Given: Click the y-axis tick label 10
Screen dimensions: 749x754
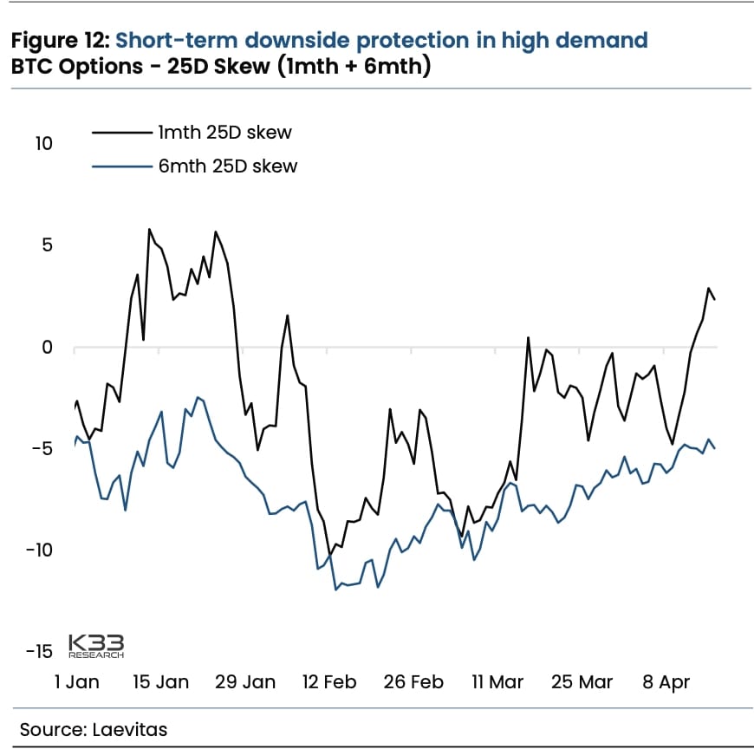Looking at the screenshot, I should coord(43,143).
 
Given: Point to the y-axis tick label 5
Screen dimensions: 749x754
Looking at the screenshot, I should coord(48,245).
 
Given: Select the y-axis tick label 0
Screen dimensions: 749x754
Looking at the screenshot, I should coord(48,348).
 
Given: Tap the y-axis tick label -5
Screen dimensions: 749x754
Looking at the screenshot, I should coord(43,449).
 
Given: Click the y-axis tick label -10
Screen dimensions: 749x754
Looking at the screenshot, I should coord(40,550).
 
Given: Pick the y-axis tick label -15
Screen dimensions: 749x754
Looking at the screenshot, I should coord(40,652).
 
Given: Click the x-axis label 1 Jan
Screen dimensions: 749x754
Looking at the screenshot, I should coord(77,682).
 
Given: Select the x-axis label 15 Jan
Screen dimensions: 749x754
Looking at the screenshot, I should coord(161,682).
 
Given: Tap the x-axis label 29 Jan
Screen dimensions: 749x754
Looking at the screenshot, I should coord(245,682).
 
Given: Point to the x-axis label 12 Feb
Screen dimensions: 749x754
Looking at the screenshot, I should coord(329,682).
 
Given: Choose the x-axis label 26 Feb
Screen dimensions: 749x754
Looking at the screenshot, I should coord(413,682).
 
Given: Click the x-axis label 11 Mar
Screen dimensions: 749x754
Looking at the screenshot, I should coord(497,682).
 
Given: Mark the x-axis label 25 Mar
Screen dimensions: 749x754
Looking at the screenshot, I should coord(582,682).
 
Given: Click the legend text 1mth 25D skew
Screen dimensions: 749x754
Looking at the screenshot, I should coord(224,133).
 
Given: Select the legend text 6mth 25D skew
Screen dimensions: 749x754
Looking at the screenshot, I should coord(227,166).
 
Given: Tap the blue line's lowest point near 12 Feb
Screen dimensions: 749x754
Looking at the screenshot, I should coord(335,589).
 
